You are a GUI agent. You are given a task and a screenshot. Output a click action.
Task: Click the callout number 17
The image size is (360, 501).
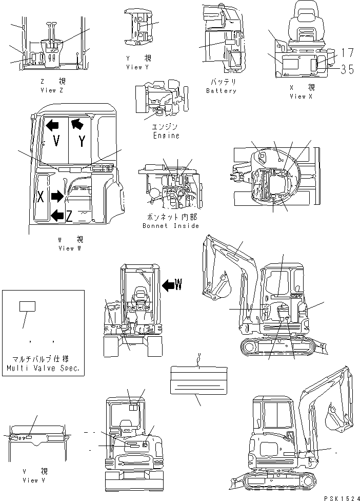(347, 53)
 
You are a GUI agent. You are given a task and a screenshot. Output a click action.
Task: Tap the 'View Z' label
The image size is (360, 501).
(51, 90)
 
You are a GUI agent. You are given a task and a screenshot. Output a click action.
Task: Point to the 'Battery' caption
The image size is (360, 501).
(221, 91)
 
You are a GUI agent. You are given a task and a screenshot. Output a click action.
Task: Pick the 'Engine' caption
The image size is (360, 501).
(166, 136)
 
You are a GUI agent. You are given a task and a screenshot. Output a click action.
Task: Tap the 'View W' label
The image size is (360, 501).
(69, 248)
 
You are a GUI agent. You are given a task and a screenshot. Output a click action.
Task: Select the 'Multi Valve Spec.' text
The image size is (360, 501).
(43, 369)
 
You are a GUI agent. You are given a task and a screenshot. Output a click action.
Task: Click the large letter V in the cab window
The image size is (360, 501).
(56, 141)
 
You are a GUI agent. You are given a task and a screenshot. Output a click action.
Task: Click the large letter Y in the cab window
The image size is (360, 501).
(82, 142)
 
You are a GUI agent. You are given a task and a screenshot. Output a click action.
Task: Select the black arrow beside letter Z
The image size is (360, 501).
(57, 215)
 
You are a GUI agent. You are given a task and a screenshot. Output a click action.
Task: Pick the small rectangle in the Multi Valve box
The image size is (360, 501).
(27, 306)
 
